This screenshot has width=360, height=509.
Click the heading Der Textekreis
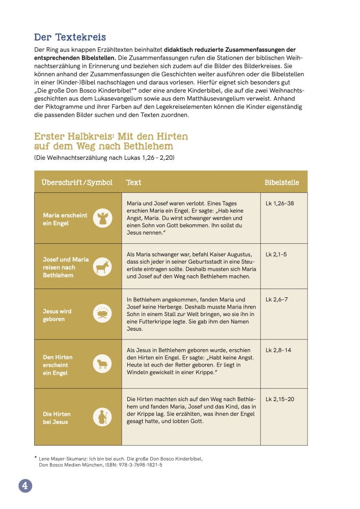pyautogui.click(x=70, y=37)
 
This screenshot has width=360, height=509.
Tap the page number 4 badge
pyautogui.click(x=25, y=486)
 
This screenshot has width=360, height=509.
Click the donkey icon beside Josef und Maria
pyautogui.click(x=102, y=267)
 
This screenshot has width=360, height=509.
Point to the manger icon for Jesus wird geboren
pyautogui.click(x=102, y=314)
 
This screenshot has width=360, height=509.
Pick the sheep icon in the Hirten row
pyautogui.click(x=102, y=364)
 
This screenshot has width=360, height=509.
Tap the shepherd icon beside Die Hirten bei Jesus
pyautogui.click(x=102, y=417)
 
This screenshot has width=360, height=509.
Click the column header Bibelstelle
pyautogui.click(x=282, y=182)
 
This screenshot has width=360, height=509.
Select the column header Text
pyautogui.click(x=133, y=182)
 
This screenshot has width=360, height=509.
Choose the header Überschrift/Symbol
pyautogui.click(x=77, y=182)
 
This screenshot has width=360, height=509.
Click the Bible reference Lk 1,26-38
pyautogui.click(x=280, y=204)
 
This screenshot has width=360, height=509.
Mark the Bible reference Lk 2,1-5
pyautogui.click(x=276, y=254)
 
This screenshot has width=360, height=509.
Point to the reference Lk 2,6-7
pyautogui.click(x=276, y=299)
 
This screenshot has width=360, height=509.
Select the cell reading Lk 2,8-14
pyautogui.click(x=278, y=350)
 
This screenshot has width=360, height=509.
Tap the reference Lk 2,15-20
pyautogui.click(x=280, y=399)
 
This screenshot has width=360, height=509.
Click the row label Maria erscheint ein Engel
pyautogui.click(x=65, y=219)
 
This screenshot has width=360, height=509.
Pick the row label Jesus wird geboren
pyautogui.click(x=57, y=315)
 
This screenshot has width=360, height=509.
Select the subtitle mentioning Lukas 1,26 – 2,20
pyautogui.click(x=104, y=158)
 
